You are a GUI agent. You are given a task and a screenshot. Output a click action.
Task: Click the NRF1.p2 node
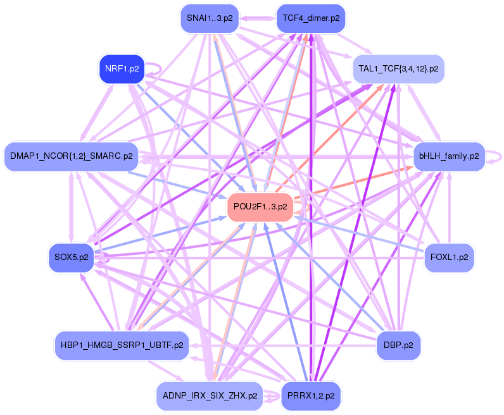[x=122, y=69]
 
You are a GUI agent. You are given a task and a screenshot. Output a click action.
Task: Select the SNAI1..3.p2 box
[x=209, y=18]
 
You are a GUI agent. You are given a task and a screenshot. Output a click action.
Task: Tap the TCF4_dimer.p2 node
[x=311, y=18]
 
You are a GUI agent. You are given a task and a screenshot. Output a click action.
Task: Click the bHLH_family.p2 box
[x=449, y=155]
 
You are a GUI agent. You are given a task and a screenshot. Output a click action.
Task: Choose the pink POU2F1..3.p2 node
[x=260, y=206]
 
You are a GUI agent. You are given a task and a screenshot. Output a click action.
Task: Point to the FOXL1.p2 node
[x=449, y=257]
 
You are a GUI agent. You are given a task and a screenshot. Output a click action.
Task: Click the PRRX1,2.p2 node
[x=311, y=396]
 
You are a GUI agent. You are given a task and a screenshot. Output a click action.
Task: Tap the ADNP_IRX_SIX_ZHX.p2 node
[x=209, y=396]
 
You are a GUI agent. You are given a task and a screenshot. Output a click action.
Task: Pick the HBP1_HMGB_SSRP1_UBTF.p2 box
[x=122, y=345]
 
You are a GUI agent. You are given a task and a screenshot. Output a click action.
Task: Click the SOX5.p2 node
[x=71, y=257]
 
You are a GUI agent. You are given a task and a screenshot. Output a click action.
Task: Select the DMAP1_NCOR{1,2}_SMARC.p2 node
[x=71, y=156]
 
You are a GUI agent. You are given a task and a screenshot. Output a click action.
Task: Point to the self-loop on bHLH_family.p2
[x=498, y=155]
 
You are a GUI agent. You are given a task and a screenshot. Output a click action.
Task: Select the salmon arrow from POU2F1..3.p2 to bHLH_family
[x=355, y=180]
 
